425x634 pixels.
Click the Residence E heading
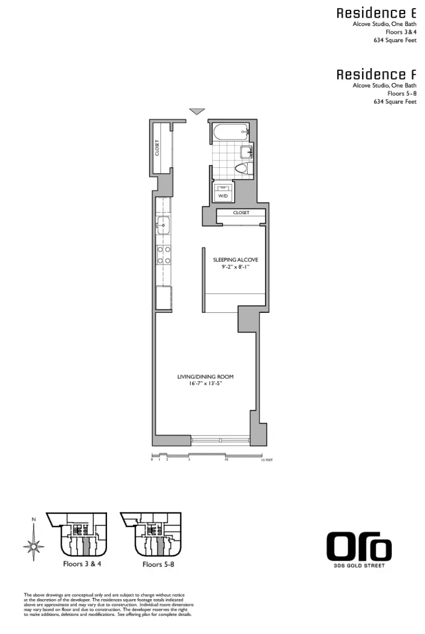[376, 14]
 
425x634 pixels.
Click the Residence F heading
[376, 74]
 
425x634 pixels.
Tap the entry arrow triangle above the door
[197, 111]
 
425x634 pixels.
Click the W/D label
[223, 196]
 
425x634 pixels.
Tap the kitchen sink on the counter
[163, 226]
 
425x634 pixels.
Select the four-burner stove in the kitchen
[164, 255]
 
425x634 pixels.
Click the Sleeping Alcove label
[235, 260]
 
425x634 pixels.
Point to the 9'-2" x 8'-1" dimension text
[235, 268]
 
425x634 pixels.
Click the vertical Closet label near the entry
[157, 148]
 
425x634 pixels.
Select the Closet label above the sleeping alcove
[241, 213]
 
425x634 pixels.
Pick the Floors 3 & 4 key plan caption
[82, 564]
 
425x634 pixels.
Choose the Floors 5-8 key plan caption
[158, 564]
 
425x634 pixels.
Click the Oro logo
[358, 547]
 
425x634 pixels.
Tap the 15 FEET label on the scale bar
[268, 460]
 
